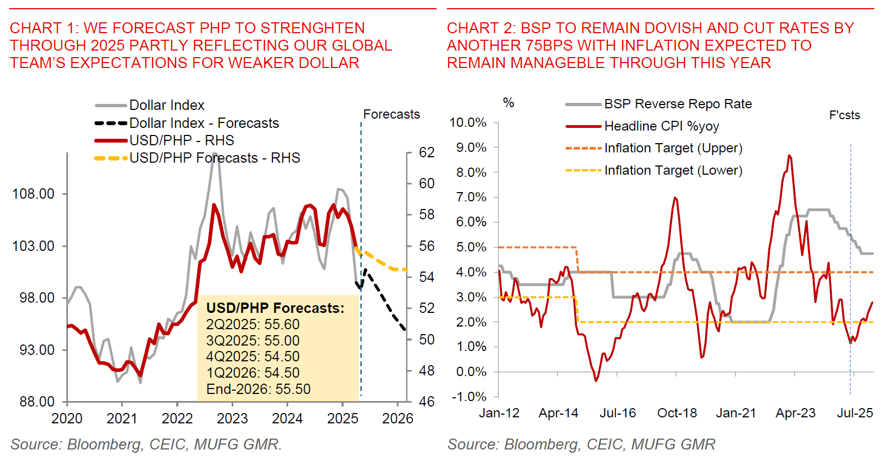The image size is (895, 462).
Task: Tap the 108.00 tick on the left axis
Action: point(34,194)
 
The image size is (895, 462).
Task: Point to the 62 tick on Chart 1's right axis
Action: point(427,152)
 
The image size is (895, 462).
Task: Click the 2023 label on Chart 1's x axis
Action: point(232,418)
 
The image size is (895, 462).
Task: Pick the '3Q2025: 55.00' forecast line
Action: point(253,341)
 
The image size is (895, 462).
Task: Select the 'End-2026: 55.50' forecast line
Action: point(258,389)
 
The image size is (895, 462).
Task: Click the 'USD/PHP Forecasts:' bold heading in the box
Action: point(275,308)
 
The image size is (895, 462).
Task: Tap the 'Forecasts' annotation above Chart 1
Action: point(391,114)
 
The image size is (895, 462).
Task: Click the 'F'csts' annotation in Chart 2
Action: point(844,115)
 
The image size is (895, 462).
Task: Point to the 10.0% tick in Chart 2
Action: point(468,122)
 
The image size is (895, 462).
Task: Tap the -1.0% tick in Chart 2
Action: point(469,396)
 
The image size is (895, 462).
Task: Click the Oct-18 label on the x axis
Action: point(677,413)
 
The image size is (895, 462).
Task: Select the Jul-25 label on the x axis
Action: point(855,413)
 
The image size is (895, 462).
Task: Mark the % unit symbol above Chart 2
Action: point(508,102)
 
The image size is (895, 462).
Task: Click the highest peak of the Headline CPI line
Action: point(789,156)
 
